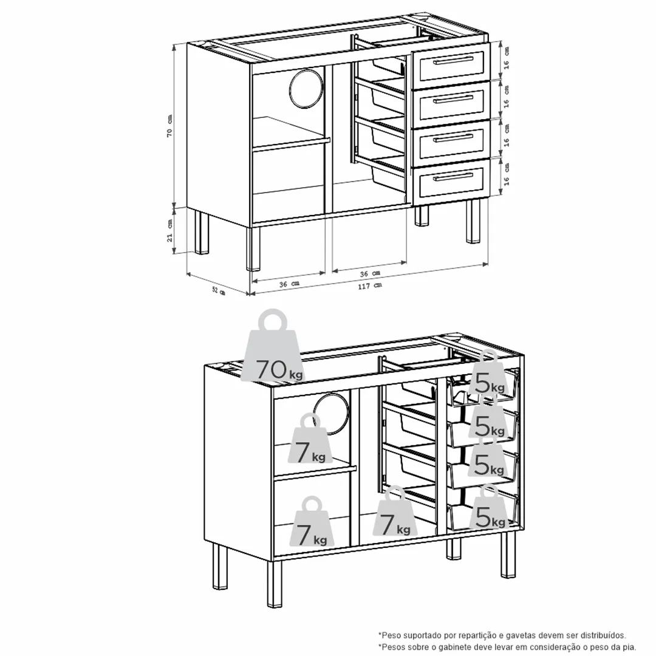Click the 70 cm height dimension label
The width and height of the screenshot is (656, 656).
169,126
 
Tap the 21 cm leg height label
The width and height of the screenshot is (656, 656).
169,231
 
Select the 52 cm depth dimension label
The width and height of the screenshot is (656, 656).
219,290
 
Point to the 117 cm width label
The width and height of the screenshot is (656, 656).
370,286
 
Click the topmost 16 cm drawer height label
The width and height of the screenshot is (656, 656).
506,58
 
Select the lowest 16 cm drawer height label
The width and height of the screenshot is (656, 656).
506,174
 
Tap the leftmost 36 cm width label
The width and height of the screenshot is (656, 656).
289,284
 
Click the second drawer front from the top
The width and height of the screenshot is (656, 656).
451,100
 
